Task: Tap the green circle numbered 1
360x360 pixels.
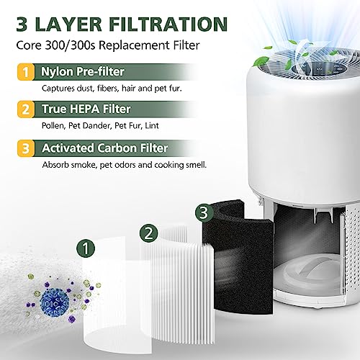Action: tap(87, 249)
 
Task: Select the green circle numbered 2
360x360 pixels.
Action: tap(148, 232)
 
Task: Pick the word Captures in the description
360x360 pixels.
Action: tap(53, 89)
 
